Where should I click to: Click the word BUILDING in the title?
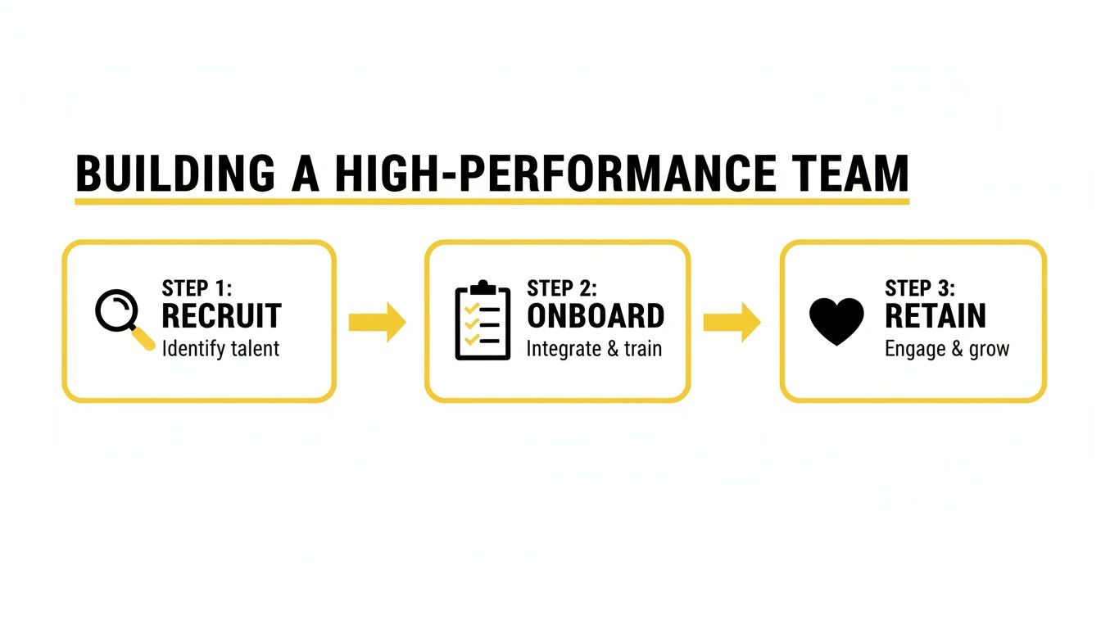(x=174, y=174)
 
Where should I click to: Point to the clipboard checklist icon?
(x=482, y=321)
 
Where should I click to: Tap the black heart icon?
(x=836, y=320)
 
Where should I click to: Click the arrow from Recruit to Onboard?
(x=377, y=322)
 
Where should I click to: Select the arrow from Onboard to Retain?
(x=732, y=322)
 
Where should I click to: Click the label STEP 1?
(x=197, y=288)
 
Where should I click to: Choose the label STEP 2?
(x=562, y=288)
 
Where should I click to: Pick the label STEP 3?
(x=920, y=288)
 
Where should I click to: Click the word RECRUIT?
(x=221, y=316)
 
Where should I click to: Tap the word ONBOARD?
(x=596, y=316)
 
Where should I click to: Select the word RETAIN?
(x=936, y=316)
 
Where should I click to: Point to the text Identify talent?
(x=220, y=348)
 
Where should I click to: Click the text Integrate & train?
(x=594, y=349)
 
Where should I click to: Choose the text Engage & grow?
(x=947, y=350)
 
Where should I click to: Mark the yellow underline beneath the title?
(x=492, y=200)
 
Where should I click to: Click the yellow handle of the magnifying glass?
(x=144, y=338)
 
